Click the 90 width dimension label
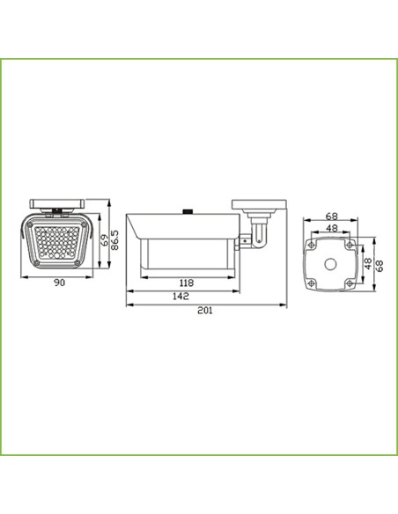(x=60, y=282)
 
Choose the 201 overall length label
(x=204, y=311)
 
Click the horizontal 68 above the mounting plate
(x=331, y=216)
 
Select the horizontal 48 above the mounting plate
(x=331, y=227)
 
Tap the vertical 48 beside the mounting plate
(x=368, y=262)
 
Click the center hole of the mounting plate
(x=331, y=262)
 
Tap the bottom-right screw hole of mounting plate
(x=350, y=283)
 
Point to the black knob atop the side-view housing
(x=188, y=210)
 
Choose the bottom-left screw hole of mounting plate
(x=312, y=283)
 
